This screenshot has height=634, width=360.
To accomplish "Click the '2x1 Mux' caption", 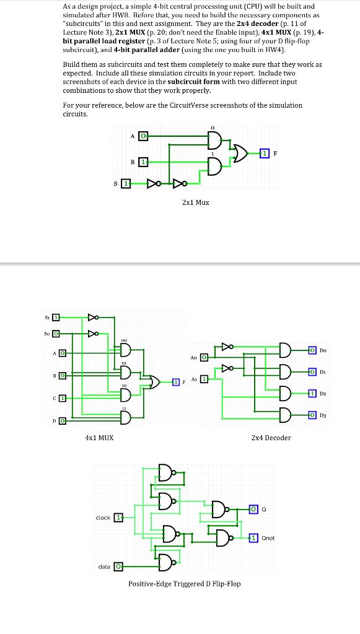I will click(195, 202).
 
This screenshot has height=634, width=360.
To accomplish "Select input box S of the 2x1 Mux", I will click(126, 184).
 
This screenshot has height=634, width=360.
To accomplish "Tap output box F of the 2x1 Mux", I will click(265, 153).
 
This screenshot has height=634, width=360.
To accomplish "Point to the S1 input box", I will click(55, 318).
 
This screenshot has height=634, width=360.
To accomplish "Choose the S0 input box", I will click(55, 333).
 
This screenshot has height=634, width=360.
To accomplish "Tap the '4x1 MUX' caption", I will click(99, 438).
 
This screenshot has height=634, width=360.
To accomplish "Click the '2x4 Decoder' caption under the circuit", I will click(271, 438).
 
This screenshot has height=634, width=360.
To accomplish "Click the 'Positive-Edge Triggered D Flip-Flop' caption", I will click(184, 584).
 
